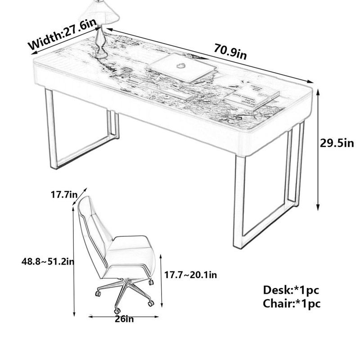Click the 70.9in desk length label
point(230,51)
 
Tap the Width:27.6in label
point(63,35)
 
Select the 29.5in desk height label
point(337,143)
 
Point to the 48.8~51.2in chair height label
point(48,261)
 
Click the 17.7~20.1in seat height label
point(190,274)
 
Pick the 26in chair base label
point(124,319)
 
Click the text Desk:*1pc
point(291,290)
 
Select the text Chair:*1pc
point(292,303)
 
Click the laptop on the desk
point(181,68)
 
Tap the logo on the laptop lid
point(181,66)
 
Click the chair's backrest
point(94,229)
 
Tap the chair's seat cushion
point(131,252)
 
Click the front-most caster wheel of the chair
point(117,311)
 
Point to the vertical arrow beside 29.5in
point(318,150)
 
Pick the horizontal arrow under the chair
point(123,317)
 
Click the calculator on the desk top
point(126,70)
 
